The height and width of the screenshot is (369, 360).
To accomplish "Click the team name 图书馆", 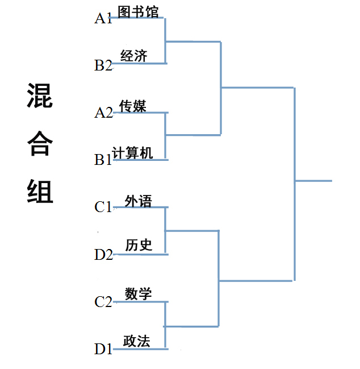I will click(x=138, y=12).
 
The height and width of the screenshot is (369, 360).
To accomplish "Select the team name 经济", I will click(x=134, y=56).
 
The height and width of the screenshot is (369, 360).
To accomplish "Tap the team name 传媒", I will click(x=133, y=106).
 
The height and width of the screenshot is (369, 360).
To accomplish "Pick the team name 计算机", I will click(x=133, y=153).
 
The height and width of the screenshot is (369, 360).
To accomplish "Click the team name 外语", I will click(x=139, y=201).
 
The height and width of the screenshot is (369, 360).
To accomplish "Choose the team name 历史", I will click(x=139, y=245).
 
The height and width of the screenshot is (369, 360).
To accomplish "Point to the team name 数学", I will click(x=139, y=294).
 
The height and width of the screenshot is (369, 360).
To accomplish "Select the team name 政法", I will click(x=137, y=341).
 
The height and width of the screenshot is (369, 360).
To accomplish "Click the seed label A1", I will click(x=103, y=19).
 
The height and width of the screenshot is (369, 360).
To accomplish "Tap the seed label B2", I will click(x=103, y=65).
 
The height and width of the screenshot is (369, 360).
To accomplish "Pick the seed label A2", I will click(x=103, y=113).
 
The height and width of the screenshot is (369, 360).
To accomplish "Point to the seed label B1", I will click(x=103, y=160).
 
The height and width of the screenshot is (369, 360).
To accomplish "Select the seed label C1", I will click(x=103, y=207).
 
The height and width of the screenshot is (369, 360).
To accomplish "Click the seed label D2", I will click(x=103, y=254).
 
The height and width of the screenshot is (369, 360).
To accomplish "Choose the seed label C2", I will click(x=103, y=301).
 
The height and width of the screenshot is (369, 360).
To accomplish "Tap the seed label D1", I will click(x=103, y=349).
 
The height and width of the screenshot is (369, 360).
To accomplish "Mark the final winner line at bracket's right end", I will click(x=313, y=181).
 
